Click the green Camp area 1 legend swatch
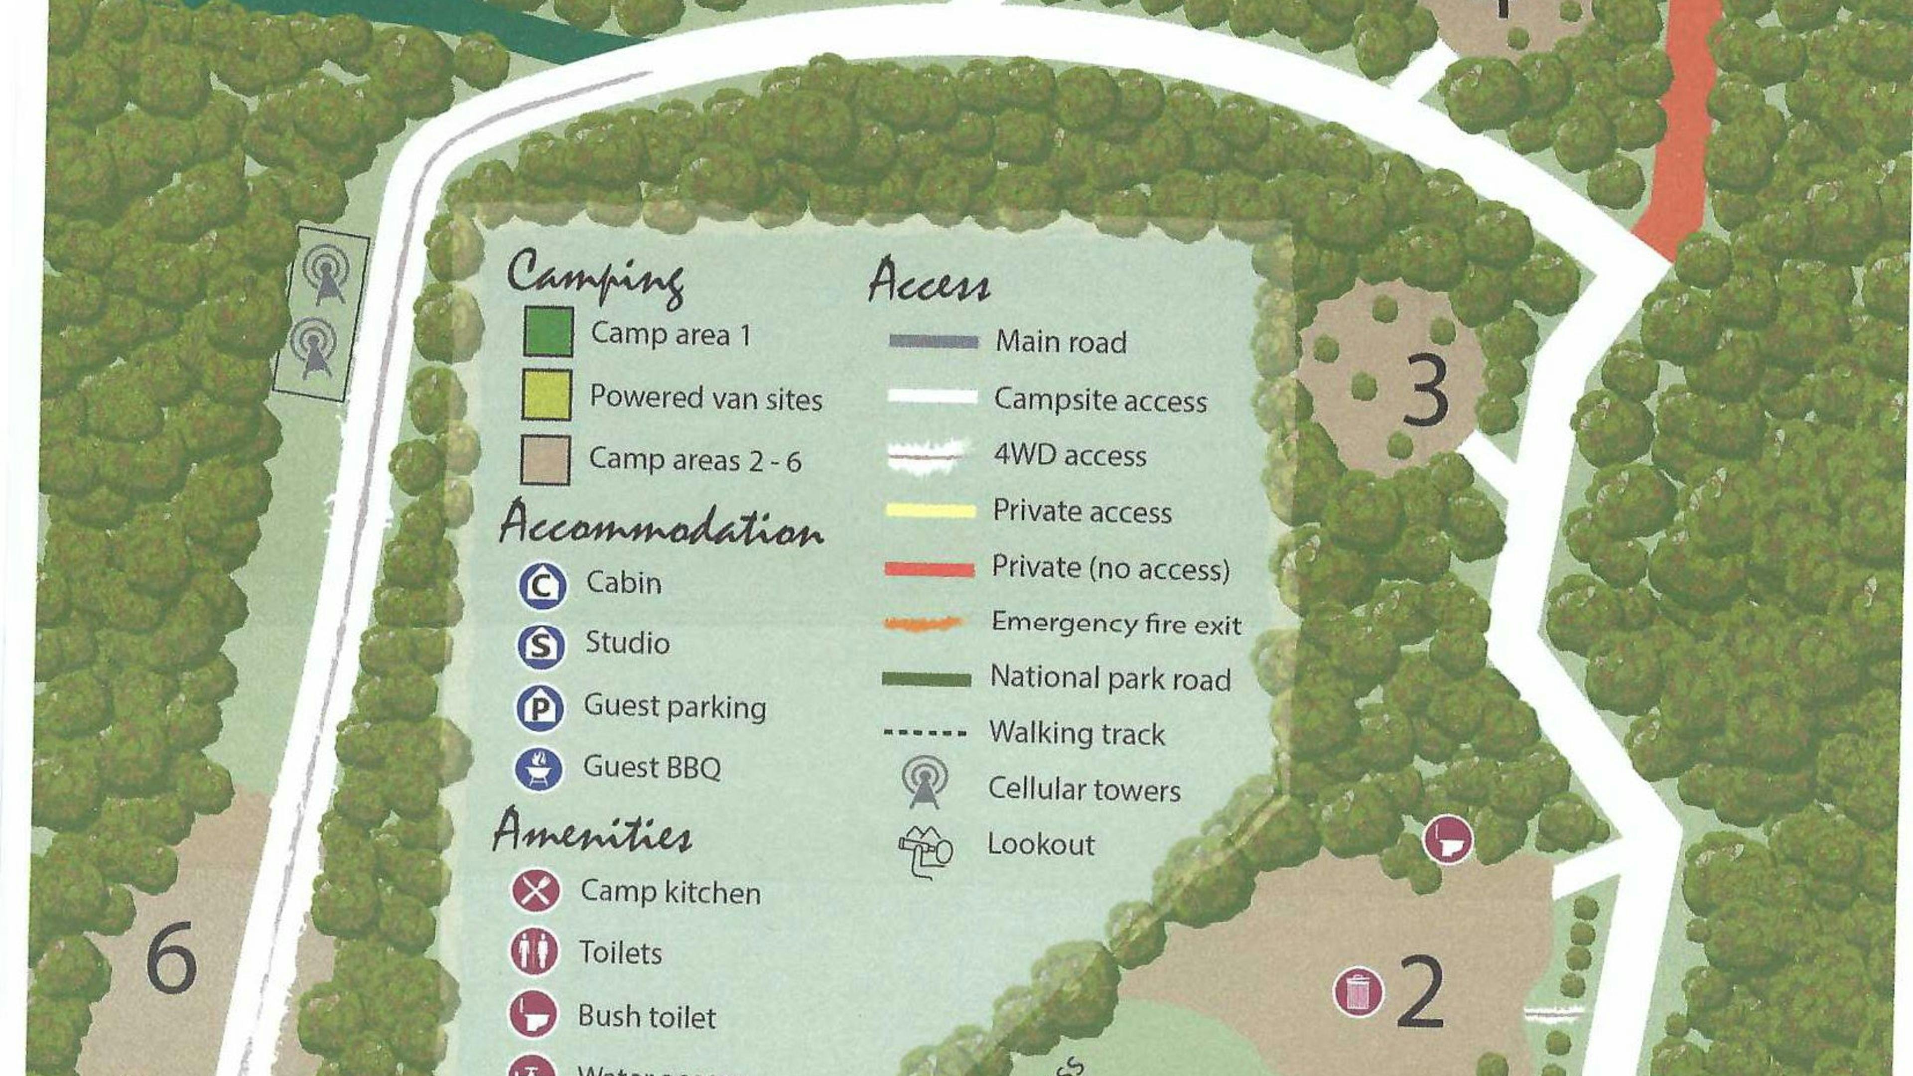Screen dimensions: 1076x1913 point(548,331)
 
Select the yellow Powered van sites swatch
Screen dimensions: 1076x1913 point(547,395)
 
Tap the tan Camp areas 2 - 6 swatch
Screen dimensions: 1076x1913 point(545,460)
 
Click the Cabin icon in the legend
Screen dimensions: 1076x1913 point(542,585)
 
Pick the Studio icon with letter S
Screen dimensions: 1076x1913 point(541,645)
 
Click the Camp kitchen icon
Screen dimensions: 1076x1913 point(535,890)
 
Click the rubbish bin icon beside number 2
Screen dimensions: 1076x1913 point(1358,991)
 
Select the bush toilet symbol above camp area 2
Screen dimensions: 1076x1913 point(1447,839)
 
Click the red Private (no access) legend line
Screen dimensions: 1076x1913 point(929,569)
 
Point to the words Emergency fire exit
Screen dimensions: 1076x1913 point(1115,624)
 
